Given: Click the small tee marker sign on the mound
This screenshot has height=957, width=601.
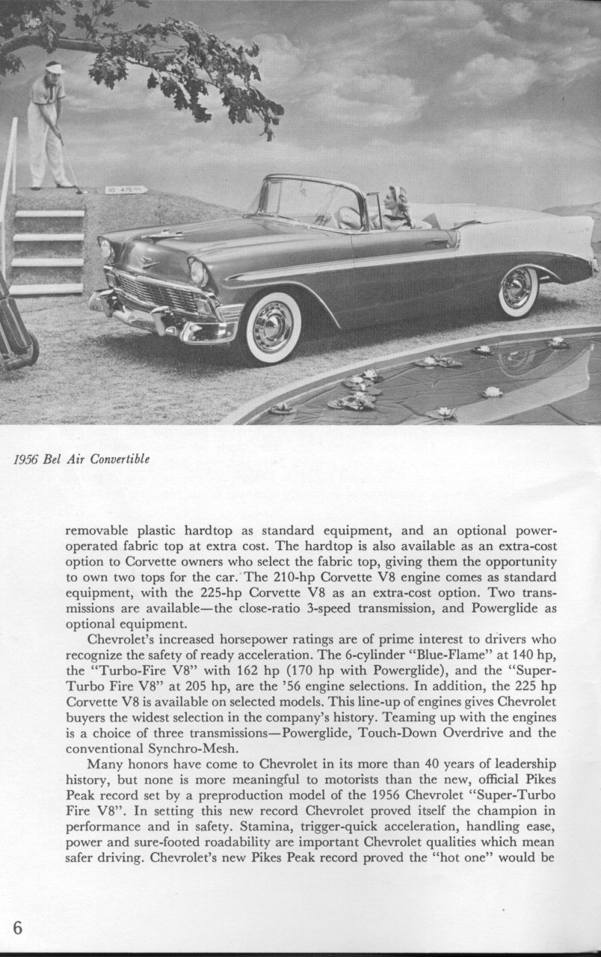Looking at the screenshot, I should (x=126, y=190).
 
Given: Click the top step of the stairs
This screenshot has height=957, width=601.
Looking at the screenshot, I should (x=49, y=214).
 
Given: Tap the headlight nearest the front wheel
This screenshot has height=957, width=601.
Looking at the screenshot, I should (x=198, y=271).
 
